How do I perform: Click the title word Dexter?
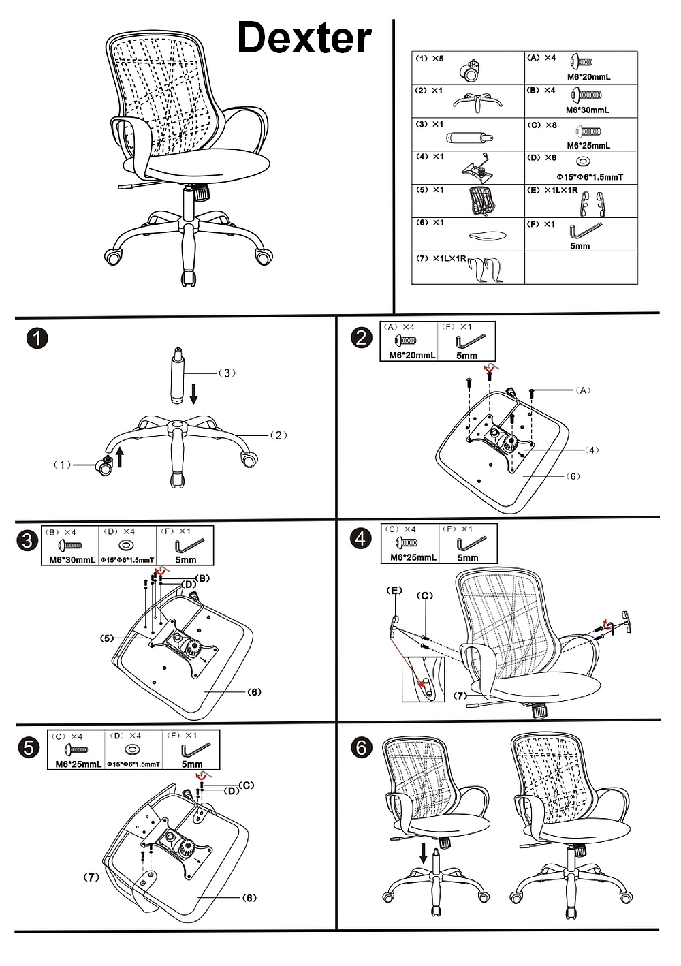pyautogui.click(x=304, y=38)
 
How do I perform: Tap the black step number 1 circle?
pyautogui.click(x=37, y=339)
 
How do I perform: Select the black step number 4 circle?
pyautogui.click(x=361, y=538)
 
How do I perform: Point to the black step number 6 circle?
pyautogui.click(x=361, y=747)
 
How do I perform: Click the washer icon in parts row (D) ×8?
pyautogui.click(x=583, y=162)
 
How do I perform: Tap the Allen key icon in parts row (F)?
pyautogui.click(x=587, y=229)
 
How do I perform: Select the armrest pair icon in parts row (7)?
pyautogui.click(x=486, y=270)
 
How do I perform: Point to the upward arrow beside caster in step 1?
pyautogui.click(x=120, y=456)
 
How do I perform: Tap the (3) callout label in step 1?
pyautogui.click(x=227, y=373)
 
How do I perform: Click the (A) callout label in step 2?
pyautogui.click(x=583, y=390)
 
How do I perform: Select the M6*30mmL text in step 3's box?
pyautogui.click(x=72, y=560)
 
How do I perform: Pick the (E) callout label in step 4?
pyautogui.click(x=394, y=591)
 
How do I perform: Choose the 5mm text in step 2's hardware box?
pyautogui.click(x=467, y=356)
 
